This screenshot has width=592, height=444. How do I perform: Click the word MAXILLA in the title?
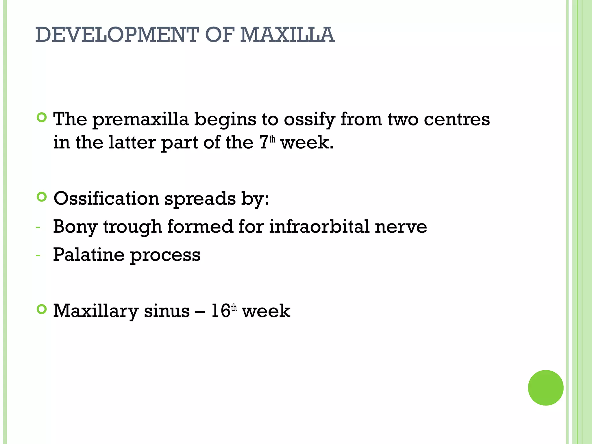(x=287, y=35)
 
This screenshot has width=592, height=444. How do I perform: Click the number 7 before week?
(x=264, y=143)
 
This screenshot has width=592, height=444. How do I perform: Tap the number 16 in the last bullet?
(x=221, y=311)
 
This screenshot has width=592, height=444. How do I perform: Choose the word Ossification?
(x=106, y=199)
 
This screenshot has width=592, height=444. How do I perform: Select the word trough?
(x=132, y=227)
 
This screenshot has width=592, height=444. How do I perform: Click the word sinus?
(x=167, y=311)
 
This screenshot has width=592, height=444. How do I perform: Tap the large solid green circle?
(x=545, y=388)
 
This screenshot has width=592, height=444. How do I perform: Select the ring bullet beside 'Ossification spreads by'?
(x=42, y=197)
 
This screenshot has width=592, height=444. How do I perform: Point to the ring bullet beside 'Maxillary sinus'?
(x=42, y=310)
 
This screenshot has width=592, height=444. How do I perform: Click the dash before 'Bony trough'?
(x=38, y=227)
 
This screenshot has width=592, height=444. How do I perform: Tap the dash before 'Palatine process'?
(x=38, y=256)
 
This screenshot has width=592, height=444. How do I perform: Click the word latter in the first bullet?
(x=132, y=143)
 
